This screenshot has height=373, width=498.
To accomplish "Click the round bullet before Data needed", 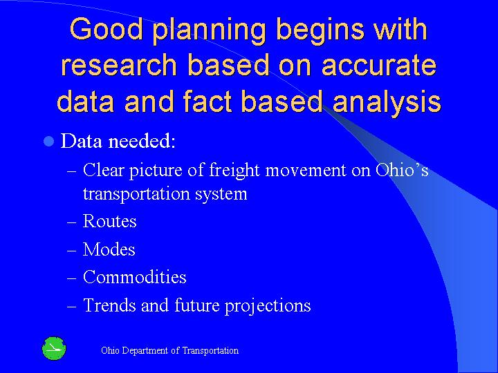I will pyautogui.click(x=48, y=142).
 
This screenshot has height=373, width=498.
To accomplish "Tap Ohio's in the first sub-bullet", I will pyautogui.click(x=402, y=170).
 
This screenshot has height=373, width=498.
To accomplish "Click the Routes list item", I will pyautogui.click(x=109, y=222).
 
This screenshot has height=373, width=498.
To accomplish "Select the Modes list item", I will pyautogui.click(x=109, y=249).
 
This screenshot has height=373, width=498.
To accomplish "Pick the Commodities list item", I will pyautogui.click(x=134, y=278).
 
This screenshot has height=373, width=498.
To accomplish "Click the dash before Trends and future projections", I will pyautogui.click(x=73, y=306).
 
